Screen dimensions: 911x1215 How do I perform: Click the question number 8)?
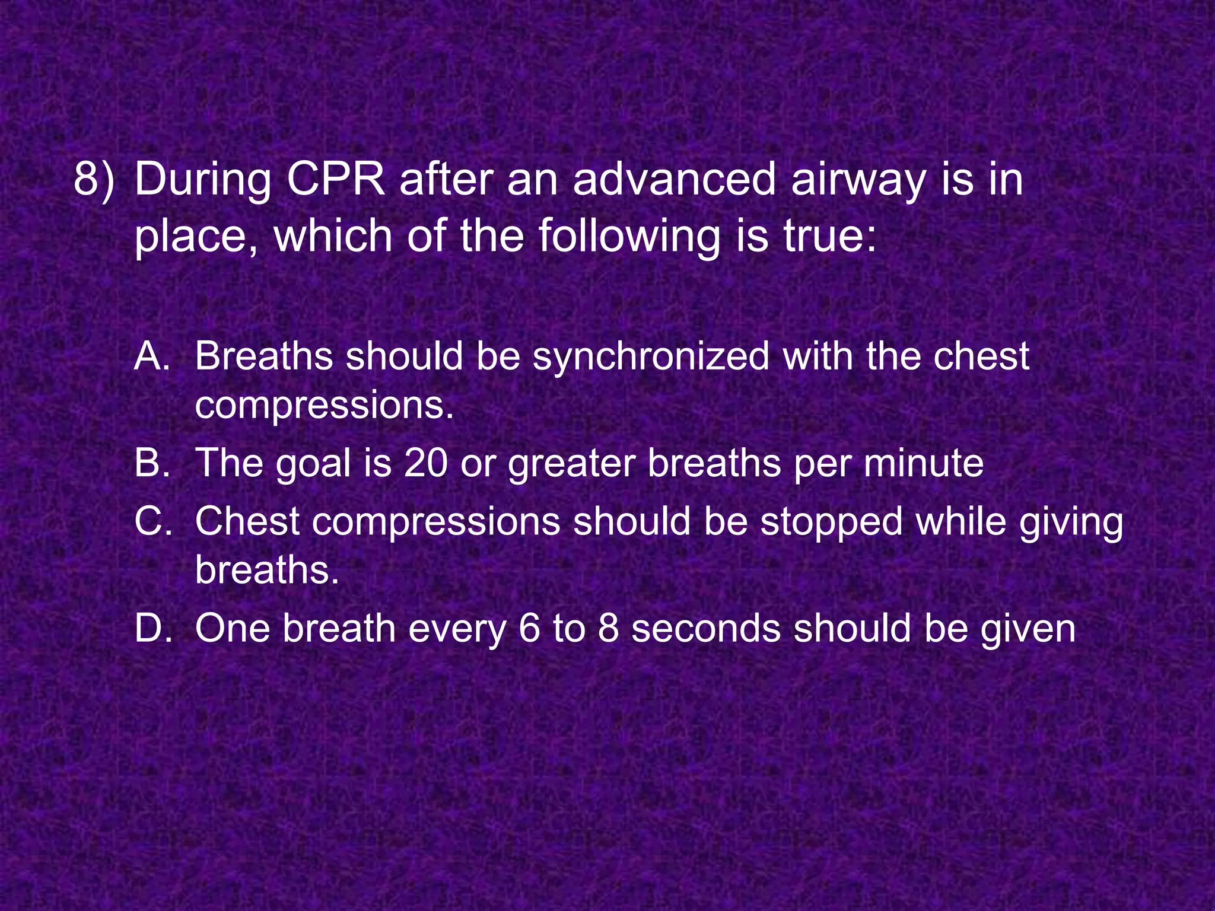pos(94,179)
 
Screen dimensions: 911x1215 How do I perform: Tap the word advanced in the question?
pos(674,179)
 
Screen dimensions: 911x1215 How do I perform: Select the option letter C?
pos(153,522)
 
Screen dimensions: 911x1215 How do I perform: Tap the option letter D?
pos(153,629)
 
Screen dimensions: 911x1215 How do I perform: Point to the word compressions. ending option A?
pos(324,405)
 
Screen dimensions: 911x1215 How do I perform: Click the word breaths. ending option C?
pos(267,570)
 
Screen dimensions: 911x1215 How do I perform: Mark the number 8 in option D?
pos(609,629)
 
